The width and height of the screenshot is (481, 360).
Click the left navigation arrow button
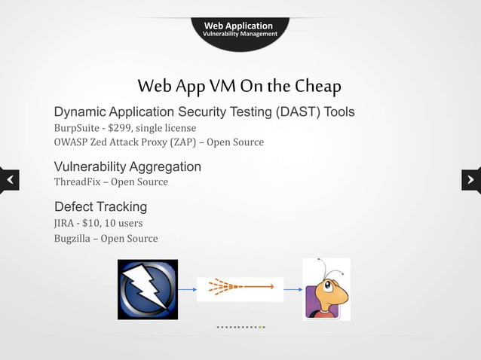pyautogui.click(x=10, y=180)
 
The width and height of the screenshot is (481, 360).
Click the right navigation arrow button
pyautogui.click(x=470, y=180)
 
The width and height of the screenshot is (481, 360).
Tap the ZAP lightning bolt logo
pyautogui.click(x=148, y=289)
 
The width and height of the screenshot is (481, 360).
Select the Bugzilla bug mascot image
pyautogui.click(x=326, y=289)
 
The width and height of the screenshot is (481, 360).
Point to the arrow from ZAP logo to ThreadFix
pyautogui.click(x=187, y=288)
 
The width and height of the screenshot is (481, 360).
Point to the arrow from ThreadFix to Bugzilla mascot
pyautogui.click(x=293, y=288)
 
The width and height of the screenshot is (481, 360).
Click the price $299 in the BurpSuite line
pyautogui.click(x=120, y=127)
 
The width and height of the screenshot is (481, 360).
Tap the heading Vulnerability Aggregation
pyautogui.click(x=127, y=166)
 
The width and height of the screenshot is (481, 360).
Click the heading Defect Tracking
pyautogui.click(x=100, y=206)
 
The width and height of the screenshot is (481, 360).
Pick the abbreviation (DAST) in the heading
pyautogui.click(x=293, y=112)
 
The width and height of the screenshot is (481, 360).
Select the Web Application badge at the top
pyautogui.click(x=240, y=29)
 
